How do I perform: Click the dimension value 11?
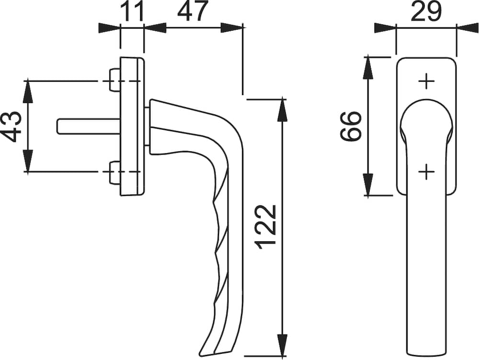[x=132, y=11]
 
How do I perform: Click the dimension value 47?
[x=193, y=11]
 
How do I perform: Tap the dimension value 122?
[x=265, y=227]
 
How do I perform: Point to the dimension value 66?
[x=351, y=126]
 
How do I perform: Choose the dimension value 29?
[x=426, y=11]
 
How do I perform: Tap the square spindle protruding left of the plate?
[x=89, y=126]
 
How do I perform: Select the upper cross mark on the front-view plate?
[x=426, y=81]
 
